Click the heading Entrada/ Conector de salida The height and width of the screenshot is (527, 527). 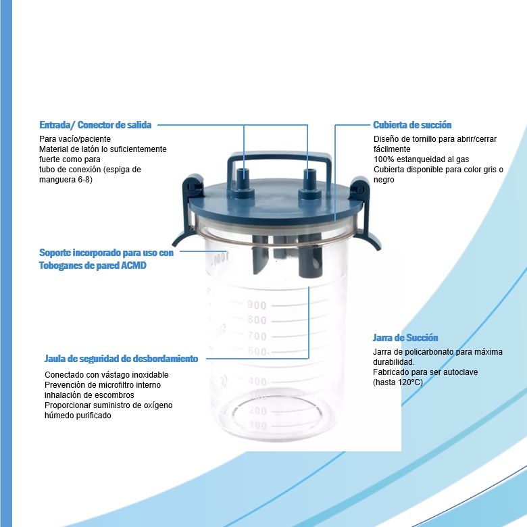(95, 125)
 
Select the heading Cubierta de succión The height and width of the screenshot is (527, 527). (412, 125)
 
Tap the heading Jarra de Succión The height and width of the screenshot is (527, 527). (405, 338)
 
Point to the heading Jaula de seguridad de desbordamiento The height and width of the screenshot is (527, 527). (121, 359)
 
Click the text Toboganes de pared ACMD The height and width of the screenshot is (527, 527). (93, 266)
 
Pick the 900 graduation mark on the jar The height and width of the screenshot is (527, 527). (257, 305)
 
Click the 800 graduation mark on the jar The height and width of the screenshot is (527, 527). (257, 320)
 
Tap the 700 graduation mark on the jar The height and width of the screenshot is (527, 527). (257, 336)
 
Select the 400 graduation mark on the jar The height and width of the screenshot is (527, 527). (257, 382)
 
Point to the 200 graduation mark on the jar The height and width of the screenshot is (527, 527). (257, 411)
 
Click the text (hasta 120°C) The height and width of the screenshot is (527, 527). (397, 382)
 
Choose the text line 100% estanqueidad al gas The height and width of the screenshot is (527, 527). (412, 159)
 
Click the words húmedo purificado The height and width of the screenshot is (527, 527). (78, 416)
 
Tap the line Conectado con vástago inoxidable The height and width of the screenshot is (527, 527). (106, 375)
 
